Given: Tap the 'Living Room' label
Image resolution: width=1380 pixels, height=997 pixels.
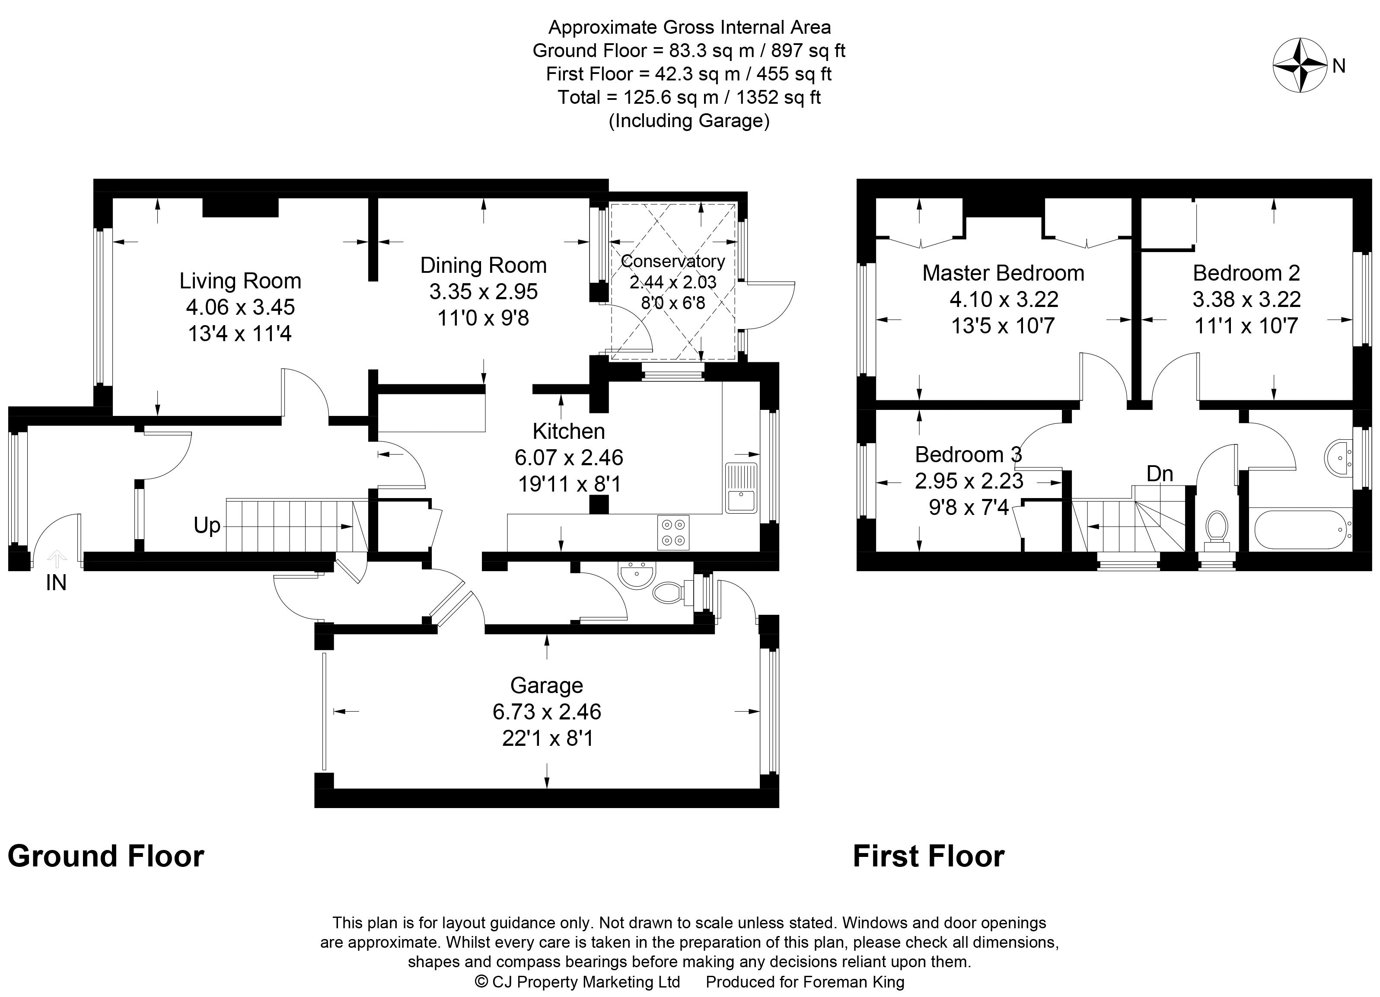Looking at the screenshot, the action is (x=240, y=281).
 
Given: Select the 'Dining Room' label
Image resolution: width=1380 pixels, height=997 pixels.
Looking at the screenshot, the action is (x=484, y=265).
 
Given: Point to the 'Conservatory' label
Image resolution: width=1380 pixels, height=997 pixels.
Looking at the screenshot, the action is (x=673, y=261).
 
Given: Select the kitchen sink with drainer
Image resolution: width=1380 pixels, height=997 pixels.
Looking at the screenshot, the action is (x=741, y=488).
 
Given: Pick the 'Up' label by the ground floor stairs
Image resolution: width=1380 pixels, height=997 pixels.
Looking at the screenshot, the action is (x=207, y=525).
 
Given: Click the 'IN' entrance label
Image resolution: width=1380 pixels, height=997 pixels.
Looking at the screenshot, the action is (x=56, y=583).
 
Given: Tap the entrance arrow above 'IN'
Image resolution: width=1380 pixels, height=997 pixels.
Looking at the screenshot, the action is (x=57, y=558).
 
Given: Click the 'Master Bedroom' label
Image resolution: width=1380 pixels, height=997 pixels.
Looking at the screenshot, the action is (x=1004, y=273).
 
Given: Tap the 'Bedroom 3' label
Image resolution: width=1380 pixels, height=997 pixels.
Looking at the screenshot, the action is (x=969, y=455).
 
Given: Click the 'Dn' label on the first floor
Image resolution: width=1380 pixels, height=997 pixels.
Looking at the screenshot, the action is (x=1160, y=473).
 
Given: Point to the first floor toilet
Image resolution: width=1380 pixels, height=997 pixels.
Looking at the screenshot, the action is (x=1216, y=527).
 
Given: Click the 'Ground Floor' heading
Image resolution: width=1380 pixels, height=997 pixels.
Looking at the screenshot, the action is (x=106, y=856).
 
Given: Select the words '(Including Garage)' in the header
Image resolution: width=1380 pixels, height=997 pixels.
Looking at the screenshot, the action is (x=689, y=121).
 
